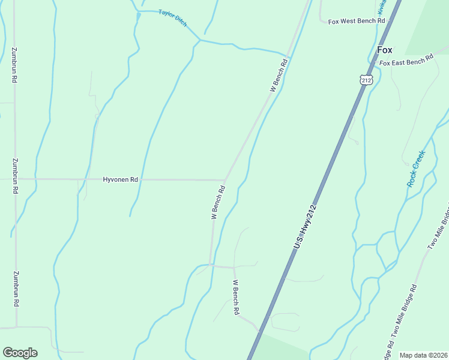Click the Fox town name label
(384, 50)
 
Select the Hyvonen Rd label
(121, 179)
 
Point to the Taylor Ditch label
(173, 18)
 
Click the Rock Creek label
(415, 169)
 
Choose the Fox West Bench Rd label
(357, 21)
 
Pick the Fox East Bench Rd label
(406, 61)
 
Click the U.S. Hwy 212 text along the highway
(305, 227)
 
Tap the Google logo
(20, 353)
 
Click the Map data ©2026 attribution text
(423, 355)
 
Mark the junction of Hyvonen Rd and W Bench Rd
(225, 179)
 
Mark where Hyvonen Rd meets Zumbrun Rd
(15, 179)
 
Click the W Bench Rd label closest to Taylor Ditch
(280, 74)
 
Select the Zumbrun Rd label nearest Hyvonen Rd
(15, 175)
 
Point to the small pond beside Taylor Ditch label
(139, 14)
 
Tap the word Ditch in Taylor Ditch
(180, 22)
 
